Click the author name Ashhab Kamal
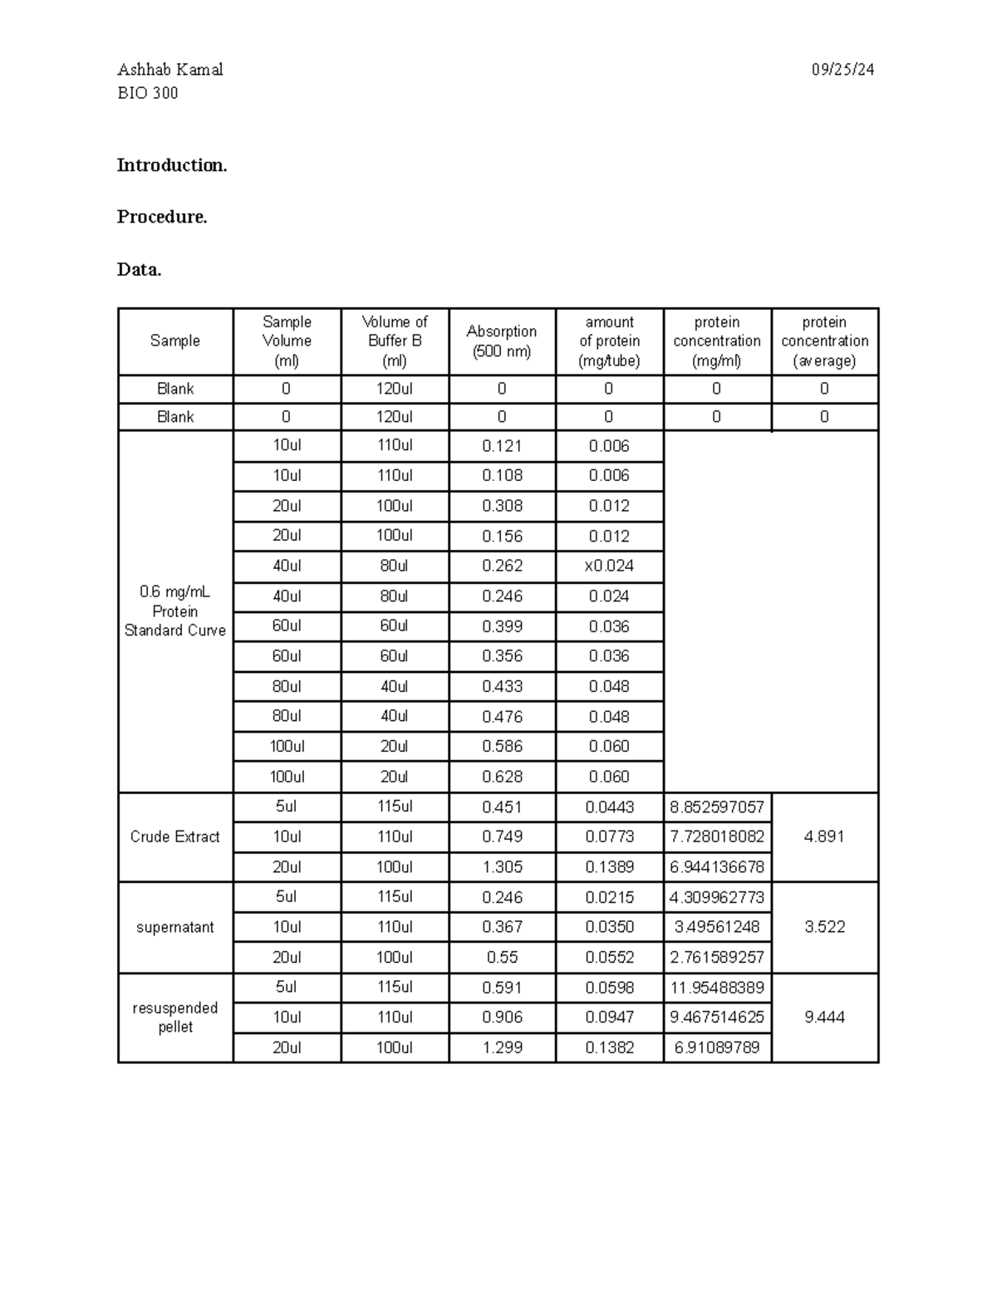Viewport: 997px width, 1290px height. (x=169, y=70)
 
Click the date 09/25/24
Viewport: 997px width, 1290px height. (x=842, y=70)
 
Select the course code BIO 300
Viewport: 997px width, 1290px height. (x=147, y=93)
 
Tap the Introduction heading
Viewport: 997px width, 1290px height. (x=171, y=165)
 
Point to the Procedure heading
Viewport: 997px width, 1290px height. (x=161, y=217)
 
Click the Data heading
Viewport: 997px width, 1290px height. (x=139, y=270)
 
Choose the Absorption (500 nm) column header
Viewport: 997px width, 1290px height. (x=502, y=341)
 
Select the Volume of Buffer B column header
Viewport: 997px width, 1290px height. (x=395, y=341)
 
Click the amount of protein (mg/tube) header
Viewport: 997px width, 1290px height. (x=610, y=341)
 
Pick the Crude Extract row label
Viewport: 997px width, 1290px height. (x=174, y=836)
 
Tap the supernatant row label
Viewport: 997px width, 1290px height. (x=174, y=927)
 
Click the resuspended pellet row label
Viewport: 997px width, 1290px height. (x=174, y=1018)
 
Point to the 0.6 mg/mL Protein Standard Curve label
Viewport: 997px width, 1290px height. (x=174, y=611)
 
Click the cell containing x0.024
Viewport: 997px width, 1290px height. (x=609, y=566)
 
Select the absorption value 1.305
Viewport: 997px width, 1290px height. (x=502, y=867)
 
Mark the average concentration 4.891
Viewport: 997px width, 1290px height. (x=824, y=836)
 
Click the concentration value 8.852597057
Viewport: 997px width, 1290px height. (x=717, y=807)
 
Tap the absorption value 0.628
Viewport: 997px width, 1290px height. (x=502, y=777)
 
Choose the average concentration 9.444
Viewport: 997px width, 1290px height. (x=824, y=1018)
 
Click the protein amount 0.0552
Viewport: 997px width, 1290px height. (x=609, y=957)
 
